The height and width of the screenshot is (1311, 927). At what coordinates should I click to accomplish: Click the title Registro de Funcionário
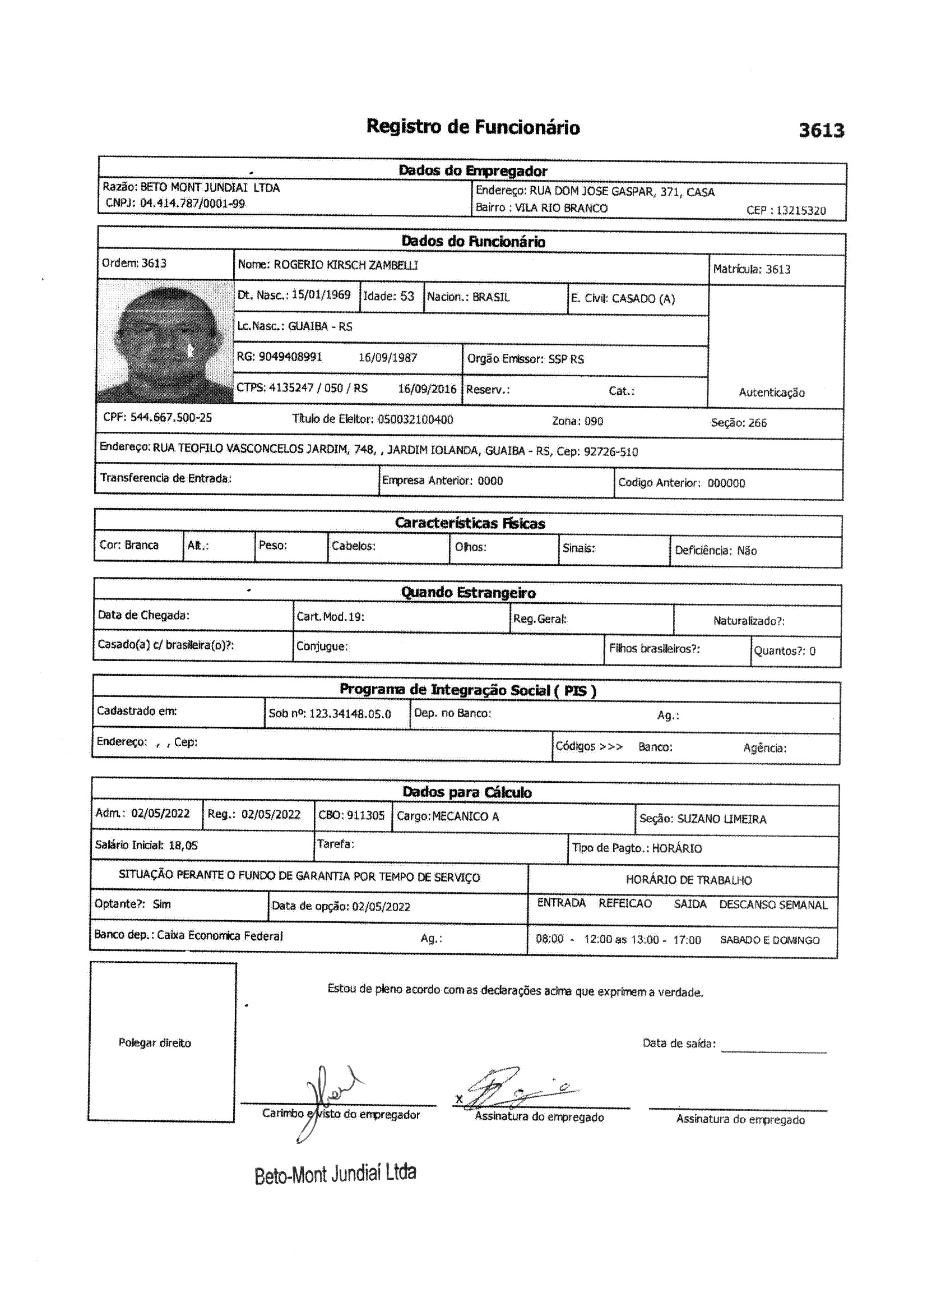click(x=472, y=127)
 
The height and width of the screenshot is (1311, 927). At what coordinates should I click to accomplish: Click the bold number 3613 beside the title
click(x=821, y=131)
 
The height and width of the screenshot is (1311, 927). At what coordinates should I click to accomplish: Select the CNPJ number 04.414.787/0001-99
click(x=192, y=204)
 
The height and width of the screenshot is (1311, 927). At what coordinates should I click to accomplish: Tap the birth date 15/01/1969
click(x=321, y=294)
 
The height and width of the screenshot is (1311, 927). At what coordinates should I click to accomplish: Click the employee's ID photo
click(x=165, y=341)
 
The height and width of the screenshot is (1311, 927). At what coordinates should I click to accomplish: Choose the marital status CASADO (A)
click(x=643, y=299)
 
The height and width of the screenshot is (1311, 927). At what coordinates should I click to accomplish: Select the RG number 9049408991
click(x=290, y=357)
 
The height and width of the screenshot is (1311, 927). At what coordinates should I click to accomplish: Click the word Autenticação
click(x=772, y=393)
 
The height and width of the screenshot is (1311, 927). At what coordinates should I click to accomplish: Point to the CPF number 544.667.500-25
click(x=171, y=417)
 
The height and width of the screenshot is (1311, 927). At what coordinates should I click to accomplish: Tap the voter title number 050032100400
click(x=415, y=419)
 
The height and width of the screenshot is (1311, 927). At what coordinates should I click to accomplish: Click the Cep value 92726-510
click(x=611, y=451)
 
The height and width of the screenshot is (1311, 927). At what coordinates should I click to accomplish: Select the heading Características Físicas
click(x=470, y=523)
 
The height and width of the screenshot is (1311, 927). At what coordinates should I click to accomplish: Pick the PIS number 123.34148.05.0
click(x=350, y=714)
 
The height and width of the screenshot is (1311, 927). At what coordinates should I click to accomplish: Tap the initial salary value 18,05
click(x=183, y=846)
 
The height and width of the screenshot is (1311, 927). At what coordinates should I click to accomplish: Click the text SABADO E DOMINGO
click(x=770, y=940)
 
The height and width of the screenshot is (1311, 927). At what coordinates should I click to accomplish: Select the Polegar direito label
click(x=155, y=1042)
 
